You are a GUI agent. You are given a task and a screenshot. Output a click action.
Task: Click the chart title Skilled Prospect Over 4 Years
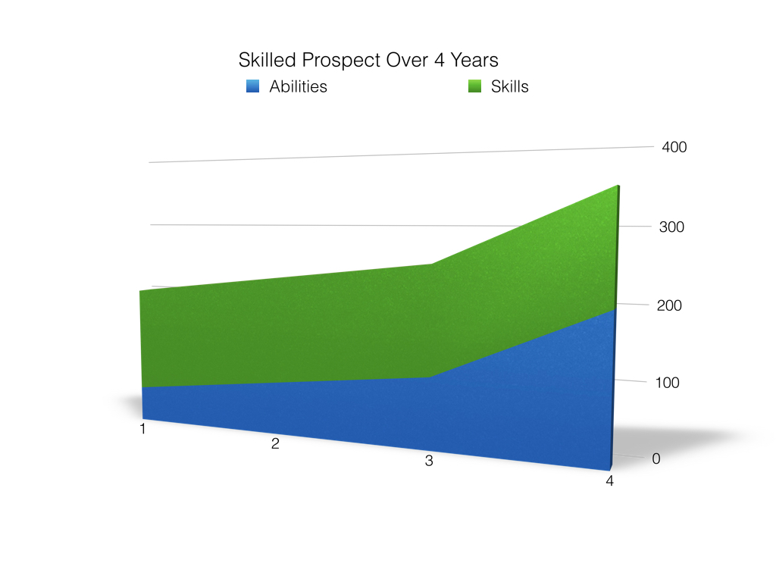point(368,60)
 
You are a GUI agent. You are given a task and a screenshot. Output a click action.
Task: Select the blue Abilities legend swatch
point(253,86)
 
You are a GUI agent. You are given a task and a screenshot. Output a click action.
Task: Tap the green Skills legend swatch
point(475,86)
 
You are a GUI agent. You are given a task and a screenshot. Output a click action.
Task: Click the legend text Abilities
point(298,86)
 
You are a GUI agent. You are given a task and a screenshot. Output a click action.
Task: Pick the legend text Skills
point(509,86)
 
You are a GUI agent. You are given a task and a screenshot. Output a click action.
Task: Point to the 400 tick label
point(674,147)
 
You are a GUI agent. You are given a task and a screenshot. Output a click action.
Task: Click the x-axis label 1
point(142,430)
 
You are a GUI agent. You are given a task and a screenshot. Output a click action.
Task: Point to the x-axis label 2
point(275,444)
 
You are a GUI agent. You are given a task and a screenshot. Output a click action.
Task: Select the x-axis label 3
point(429,461)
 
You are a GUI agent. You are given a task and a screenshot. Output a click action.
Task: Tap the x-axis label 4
point(609,481)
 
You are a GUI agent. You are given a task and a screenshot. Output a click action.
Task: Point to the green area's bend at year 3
point(431,264)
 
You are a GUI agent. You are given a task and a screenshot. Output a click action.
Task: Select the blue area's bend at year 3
point(430,377)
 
